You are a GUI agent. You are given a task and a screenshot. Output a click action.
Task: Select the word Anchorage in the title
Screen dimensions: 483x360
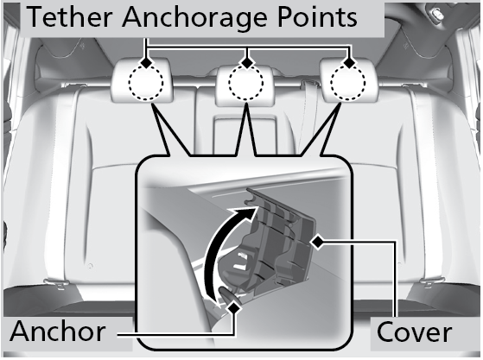tap(194, 18)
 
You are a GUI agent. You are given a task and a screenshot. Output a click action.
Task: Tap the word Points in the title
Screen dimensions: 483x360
tap(317, 17)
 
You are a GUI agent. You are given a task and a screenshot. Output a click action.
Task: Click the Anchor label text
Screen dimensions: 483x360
tap(58, 332)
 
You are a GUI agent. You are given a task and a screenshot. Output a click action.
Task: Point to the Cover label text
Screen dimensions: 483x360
tap(414, 332)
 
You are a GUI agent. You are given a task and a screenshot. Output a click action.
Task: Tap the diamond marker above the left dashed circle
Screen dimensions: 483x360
tap(146, 63)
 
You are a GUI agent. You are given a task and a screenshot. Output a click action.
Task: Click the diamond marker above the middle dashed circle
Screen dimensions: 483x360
tap(246, 63)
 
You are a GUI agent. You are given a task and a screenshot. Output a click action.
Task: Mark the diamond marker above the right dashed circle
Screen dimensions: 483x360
tap(349, 63)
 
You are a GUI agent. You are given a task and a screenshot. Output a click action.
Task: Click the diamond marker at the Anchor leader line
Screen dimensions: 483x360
tap(234, 307)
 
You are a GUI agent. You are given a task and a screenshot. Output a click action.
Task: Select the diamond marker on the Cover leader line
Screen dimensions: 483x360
tap(318, 242)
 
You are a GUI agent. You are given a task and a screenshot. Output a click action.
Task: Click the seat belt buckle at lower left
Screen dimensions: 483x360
tap(55, 284)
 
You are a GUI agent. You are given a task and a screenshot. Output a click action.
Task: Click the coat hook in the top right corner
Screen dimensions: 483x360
tap(435, 13)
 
